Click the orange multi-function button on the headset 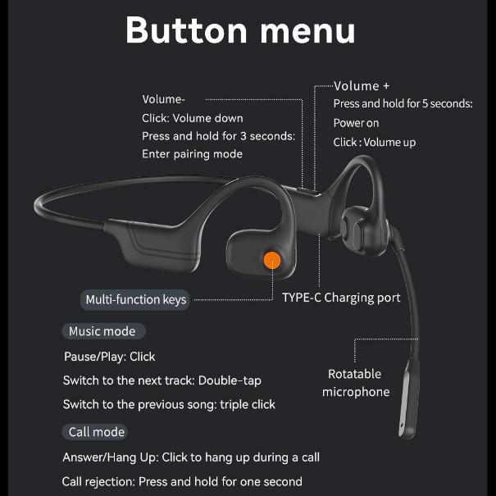272,261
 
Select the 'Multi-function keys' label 136,299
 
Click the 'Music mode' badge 102,331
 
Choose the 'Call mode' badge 97,432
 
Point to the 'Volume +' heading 362,85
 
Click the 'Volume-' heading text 163,99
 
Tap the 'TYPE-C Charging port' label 341,298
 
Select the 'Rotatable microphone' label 355,383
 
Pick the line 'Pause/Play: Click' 110,357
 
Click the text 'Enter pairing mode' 192,153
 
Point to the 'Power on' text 356,123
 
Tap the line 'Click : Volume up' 374,142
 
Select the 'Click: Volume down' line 192,118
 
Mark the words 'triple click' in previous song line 248,404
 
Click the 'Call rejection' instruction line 182,481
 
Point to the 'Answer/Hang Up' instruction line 191,457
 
